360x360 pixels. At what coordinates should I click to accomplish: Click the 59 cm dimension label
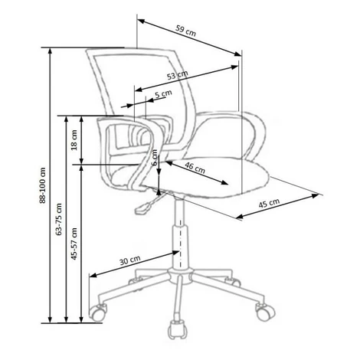click(x=185, y=31)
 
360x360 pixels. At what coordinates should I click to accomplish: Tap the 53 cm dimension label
click(x=178, y=75)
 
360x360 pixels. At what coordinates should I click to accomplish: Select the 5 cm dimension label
click(x=164, y=93)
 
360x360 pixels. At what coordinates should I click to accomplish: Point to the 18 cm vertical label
click(x=74, y=140)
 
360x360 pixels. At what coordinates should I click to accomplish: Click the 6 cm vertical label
click(x=155, y=157)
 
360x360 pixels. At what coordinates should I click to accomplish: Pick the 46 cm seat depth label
click(x=195, y=167)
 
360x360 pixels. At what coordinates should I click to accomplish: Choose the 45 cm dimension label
click(x=269, y=203)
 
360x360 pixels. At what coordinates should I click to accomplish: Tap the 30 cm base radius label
click(x=130, y=260)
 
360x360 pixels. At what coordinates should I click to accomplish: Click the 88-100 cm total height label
click(x=42, y=185)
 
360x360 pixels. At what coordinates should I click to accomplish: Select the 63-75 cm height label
click(x=59, y=219)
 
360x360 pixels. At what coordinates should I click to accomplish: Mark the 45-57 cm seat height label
click(x=74, y=244)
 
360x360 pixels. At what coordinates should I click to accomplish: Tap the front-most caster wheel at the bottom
click(x=178, y=329)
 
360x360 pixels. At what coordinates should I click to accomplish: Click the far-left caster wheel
click(x=97, y=313)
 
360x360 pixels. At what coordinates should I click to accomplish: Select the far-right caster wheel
click(x=266, y=312)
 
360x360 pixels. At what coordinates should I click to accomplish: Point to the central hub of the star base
click(x=181, y=276)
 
